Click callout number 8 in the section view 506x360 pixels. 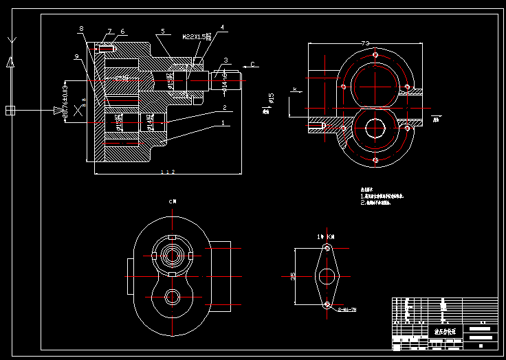(x=81, y=28)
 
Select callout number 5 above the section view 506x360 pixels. (x=162, y=32)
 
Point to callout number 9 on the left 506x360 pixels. (x=76, y=56)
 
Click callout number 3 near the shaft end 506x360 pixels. (x=225, y=60)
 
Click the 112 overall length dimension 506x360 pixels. (x=167, y=172)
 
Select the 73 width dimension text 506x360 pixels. (x=364, y=43)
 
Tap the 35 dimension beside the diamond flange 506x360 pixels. (x=293, y=276)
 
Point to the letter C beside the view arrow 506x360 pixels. (x=252, y=65)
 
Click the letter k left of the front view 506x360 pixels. (x=294, y=89)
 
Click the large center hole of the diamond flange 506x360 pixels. (x=327, y=276)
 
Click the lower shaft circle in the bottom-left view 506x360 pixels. (x=172, y=297)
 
